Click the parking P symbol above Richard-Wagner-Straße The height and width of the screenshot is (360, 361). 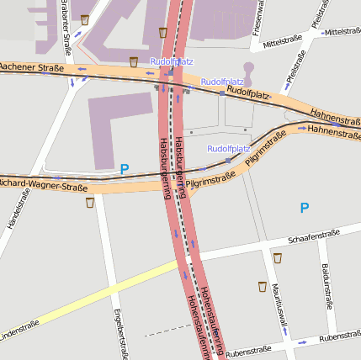click(x=125, y=169)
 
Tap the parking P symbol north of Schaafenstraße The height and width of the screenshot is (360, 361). click(x=305, y=208)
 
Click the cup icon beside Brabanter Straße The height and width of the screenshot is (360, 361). click(x=84, y=19)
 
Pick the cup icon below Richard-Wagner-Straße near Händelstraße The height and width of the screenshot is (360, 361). click(x=90, y=202)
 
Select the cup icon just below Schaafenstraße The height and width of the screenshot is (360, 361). click(x=278, y=257)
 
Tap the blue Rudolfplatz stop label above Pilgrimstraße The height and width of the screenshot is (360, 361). click(x=229, y=149)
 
